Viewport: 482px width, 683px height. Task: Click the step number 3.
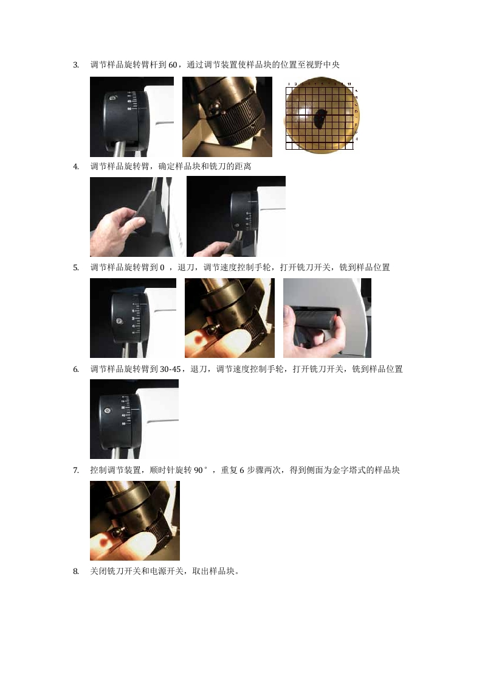tap(76, 65)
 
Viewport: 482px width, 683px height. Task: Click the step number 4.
tap(76, 167)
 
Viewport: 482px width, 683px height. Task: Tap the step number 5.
tap(76, 268)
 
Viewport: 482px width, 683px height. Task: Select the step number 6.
tap(76, 370)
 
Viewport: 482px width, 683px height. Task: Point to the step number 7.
tap(76, 471)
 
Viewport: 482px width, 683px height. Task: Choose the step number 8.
tap(76, 572)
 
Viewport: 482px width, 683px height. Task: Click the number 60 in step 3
tap(173, 65)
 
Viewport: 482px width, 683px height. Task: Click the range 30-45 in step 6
tap(170, 370)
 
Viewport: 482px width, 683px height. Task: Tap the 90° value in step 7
tap(201, 471)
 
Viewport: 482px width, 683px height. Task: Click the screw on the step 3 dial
tap(112, 99)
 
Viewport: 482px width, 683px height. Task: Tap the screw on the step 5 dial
tap(119, 322)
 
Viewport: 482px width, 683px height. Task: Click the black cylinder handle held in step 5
tap(314, 318)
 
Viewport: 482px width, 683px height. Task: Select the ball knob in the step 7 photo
tap(117, 533)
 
